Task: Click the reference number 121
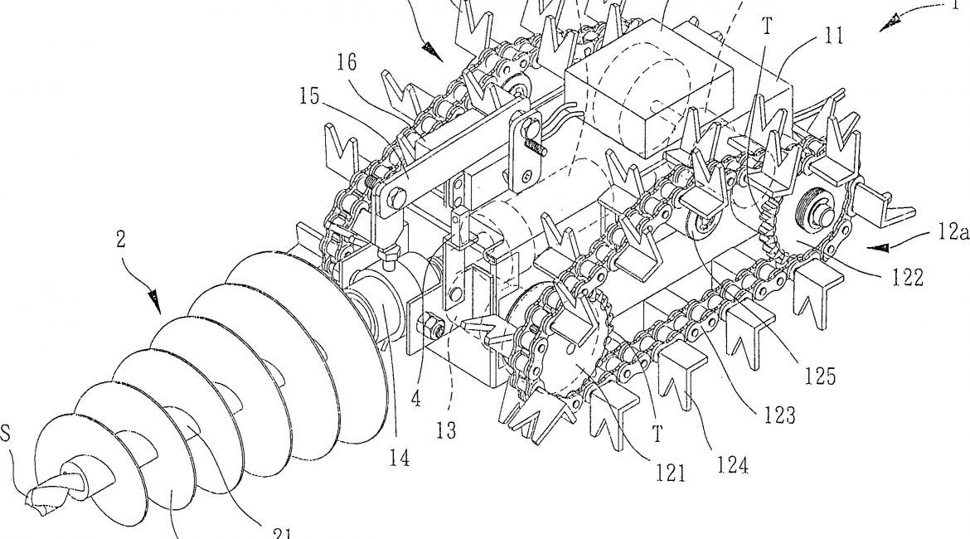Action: pyautogui.click(x=670, y=473)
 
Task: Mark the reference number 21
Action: pyautogui.click(x=281, y=533)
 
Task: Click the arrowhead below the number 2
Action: pyautogui.click(x=157, y=299)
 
